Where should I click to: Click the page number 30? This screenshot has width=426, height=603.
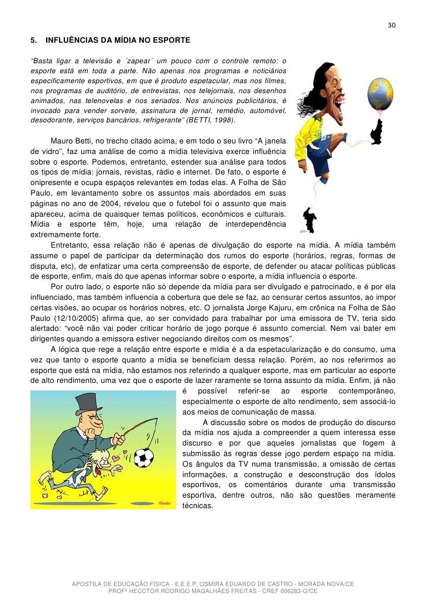pyautogui.click(x=391, y=26)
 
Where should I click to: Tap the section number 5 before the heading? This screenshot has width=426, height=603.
pyautogui.click(x=33, y=41)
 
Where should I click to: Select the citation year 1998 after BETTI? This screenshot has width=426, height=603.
pyautogui.click(x=224, y=120)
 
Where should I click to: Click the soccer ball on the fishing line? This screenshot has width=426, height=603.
pyautogui.click(x=143, y=457)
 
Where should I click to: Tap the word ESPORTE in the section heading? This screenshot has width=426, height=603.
pyautogui.click(x=170, y=41)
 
